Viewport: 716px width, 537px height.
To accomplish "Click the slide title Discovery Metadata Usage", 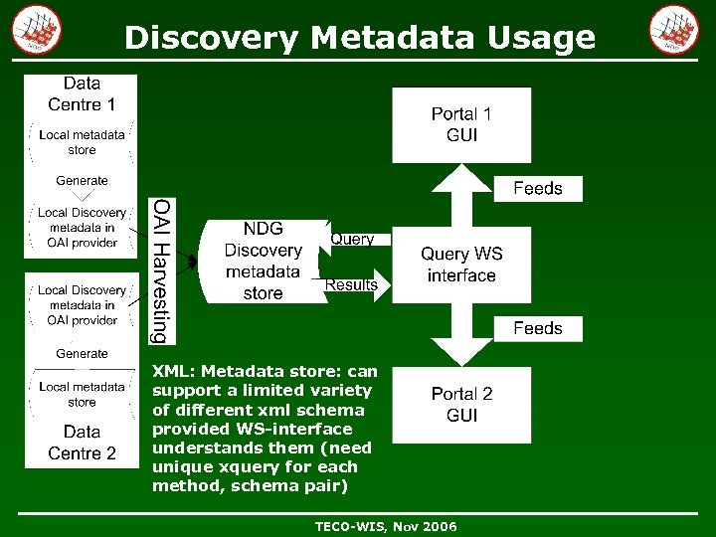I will point(359,38).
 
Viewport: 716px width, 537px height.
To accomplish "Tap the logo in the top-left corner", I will point(37,30).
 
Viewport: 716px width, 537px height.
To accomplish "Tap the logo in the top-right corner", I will point(673,30).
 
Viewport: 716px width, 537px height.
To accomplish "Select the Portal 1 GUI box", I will point(461,124).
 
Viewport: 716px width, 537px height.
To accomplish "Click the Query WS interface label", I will point(461,265).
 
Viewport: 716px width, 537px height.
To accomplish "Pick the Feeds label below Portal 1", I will point(537,188).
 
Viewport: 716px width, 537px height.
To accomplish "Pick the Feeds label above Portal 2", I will point(537,328).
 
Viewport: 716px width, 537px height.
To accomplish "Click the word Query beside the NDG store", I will point(352,239).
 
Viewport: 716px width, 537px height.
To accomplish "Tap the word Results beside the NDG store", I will point(352,284).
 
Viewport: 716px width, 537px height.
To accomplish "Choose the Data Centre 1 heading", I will point(82,93).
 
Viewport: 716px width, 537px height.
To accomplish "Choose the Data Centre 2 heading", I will point(82,443).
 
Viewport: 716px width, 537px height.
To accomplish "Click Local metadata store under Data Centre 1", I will point(82,142).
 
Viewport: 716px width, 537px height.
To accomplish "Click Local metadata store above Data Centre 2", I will point(82,394).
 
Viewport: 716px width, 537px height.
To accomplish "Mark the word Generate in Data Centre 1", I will point(82,181).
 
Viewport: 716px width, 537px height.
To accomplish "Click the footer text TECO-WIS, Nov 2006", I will point(386,526).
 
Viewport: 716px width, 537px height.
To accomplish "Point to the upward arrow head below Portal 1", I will point(460,179).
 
